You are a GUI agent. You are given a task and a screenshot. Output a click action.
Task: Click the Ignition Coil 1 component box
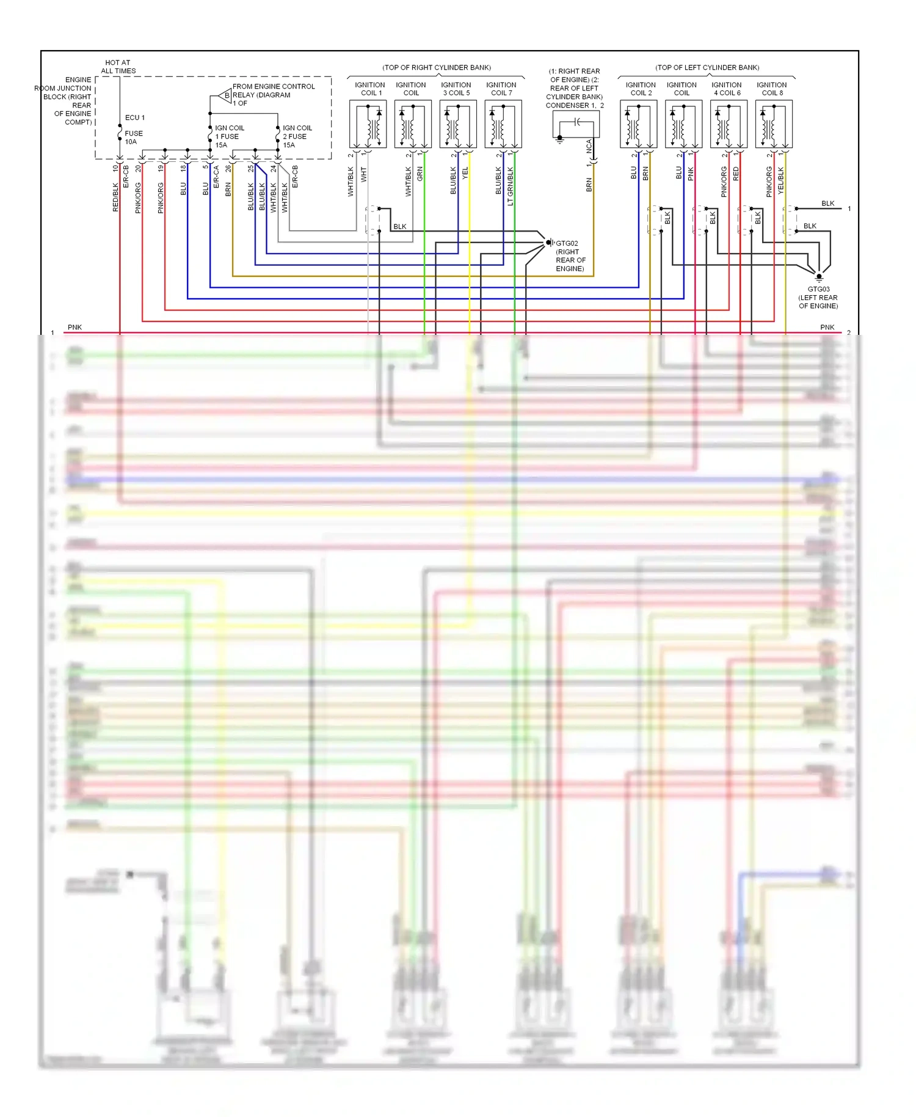[368, 125]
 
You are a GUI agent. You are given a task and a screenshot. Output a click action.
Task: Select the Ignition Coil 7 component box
[504, 125]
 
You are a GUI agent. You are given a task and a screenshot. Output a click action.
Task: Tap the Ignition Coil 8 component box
[774, 125]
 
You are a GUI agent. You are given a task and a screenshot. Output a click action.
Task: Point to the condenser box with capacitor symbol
[576, 124]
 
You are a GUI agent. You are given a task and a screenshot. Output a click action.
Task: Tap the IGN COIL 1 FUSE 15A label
[229, 136]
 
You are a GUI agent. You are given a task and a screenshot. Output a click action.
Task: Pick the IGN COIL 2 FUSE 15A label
[297, 136]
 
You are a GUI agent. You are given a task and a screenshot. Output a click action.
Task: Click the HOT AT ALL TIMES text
[118, 67]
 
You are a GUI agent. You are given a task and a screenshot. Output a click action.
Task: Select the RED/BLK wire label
[115, 197]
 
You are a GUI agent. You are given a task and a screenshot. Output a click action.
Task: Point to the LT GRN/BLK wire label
[511, 186]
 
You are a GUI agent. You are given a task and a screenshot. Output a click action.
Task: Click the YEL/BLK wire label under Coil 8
[781, 181]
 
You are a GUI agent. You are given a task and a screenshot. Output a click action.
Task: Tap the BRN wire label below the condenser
[589, 185]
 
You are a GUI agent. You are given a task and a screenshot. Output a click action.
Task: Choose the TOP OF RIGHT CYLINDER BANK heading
[437, 67]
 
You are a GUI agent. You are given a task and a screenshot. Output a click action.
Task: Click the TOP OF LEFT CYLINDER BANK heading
[707, 67]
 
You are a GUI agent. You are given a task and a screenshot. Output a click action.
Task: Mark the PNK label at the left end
[75, 328]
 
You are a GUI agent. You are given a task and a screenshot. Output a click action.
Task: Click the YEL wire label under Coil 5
[465, 173]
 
